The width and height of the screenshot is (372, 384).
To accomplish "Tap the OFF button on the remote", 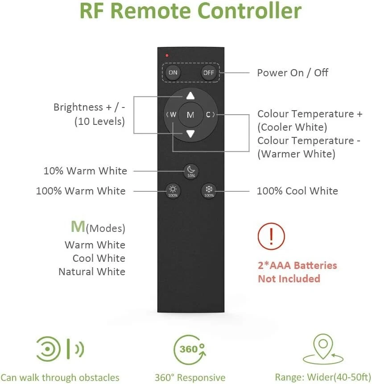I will tap(209, 73).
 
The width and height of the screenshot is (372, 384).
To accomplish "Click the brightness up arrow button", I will tap(190, 95).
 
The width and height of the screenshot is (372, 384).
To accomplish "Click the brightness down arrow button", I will tap(190, 133).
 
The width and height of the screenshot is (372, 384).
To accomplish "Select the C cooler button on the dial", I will tap(209, 115).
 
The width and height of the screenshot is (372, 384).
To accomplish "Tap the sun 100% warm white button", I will tap(173, 190).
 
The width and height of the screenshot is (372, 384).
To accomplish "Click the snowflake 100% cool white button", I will tap(209, 190).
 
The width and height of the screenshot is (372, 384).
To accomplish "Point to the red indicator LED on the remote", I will tap(167, 56).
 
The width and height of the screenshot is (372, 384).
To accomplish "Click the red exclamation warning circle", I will tap(271, 236).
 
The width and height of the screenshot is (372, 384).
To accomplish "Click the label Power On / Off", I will tap(293, 73).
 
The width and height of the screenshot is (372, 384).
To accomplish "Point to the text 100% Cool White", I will tap(297, 191).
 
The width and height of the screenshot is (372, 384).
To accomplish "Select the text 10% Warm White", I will tap(85, 171).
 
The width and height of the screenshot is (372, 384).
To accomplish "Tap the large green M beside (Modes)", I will tap(78, 227).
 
